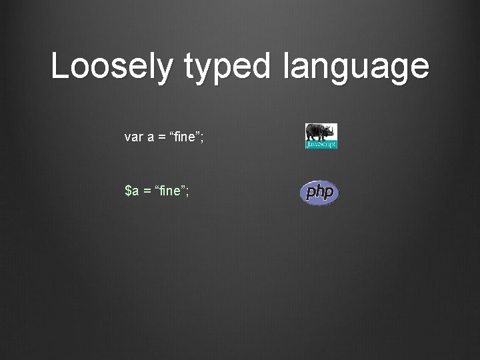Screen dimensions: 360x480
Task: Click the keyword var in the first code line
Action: [x=133, y=137]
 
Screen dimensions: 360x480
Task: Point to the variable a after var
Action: [x=151, y=138]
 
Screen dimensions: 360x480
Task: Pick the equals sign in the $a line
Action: [x=147, y=192]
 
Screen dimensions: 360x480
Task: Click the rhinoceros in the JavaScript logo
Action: [x=321, y=132]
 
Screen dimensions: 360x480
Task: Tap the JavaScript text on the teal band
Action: [x=321, y=144]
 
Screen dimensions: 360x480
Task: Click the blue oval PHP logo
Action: [x=319, y=193]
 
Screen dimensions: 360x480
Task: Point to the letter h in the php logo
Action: [x=319, y=192]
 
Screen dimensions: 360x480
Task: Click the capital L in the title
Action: [x=59, y=67]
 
